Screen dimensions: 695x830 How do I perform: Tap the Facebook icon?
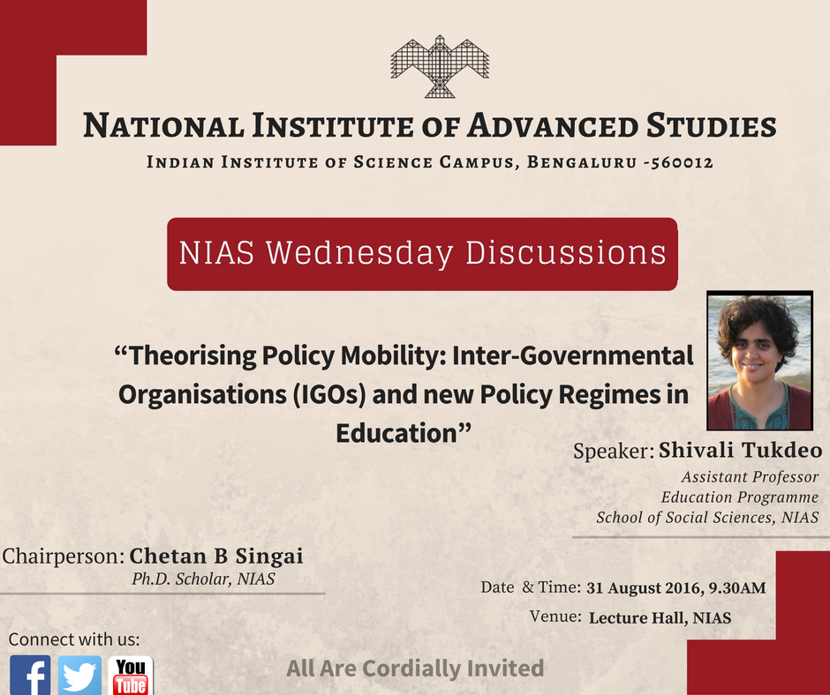pyautogui.click(x=30, y=676)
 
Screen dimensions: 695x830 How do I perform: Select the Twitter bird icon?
pyautogui.click(x=80, y=676)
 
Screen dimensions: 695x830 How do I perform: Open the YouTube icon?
pyautogui.click(x=131, y=676)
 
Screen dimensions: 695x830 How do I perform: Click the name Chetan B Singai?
pyautogui.click(x=216, y=557)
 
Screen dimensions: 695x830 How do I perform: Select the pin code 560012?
pyautogui.click(x=676, y=163)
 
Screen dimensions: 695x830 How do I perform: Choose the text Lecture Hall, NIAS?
pyautogui.click(x=660, y=618)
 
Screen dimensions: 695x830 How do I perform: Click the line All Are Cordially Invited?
pyautogui.click(x=414, y=669)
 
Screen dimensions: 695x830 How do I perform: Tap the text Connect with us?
pyautogui.click(x=74, y=639)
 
